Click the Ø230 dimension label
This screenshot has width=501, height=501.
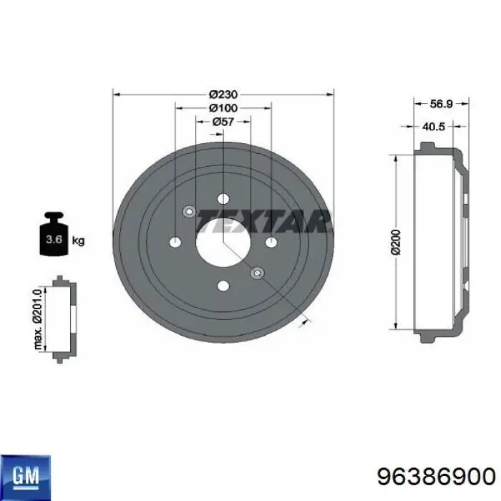[223, 94]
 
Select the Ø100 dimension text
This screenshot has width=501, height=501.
[223, 108]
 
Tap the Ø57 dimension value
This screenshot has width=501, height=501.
[223, 122]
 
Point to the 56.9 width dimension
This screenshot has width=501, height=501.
[442, 104]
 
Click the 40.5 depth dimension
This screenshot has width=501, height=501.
[434, 127]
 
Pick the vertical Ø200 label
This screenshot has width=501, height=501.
[396, 242]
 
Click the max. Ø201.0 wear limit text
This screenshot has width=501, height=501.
[38, 319]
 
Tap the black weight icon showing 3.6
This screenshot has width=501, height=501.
[54, 233]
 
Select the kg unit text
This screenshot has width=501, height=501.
[78, 240]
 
